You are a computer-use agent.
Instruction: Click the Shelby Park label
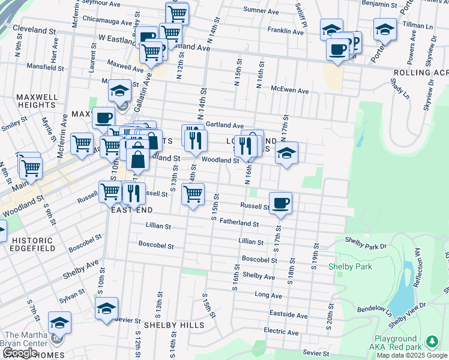point(350,266)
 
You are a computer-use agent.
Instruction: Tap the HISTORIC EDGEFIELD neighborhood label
point(32,245)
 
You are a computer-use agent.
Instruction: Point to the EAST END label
point(131,209)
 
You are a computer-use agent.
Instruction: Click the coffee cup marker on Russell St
point(280,203)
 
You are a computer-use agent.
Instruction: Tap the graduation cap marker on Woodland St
point(287,153)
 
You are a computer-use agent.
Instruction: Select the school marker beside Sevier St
point(107,308)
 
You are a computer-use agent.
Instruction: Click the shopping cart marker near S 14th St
point(193,194)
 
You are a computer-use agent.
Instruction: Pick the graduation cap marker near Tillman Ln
point(385,29)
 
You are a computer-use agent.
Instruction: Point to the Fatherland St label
point(239,223)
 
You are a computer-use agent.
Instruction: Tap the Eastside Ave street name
point(288,315)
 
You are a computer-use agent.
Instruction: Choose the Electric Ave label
point(281,332)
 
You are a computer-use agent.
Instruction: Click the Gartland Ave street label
point(224,125)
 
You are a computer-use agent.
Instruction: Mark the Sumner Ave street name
point(261,11)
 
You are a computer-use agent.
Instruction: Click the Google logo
point(20,353)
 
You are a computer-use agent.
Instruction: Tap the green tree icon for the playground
point(432,341)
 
